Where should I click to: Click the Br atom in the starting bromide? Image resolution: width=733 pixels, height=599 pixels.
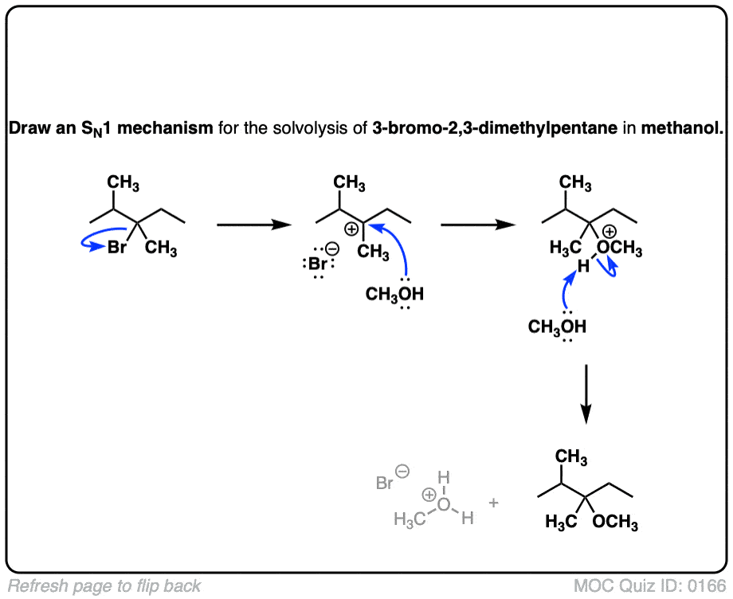click(x=117, y=248)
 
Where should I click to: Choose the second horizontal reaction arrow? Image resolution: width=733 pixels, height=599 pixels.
click(x=476, y=225)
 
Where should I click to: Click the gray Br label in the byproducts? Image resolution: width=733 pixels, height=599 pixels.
click(x=385, y=483)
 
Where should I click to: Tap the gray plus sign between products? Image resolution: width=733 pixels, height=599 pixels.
click(x=493, y=503)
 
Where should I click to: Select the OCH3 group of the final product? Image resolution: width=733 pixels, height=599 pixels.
click(x=615, y=523)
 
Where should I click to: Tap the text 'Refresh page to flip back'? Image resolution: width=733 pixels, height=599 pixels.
click(x=104, y=586)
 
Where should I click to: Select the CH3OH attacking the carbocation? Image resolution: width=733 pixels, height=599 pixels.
click(x=395, y=295)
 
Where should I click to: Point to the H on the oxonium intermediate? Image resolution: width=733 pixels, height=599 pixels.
click(x=581, y=267)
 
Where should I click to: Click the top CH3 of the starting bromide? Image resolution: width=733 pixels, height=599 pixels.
click(x=123, y=185)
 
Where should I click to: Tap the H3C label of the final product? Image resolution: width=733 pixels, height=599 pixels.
click(x=561, y=523)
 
